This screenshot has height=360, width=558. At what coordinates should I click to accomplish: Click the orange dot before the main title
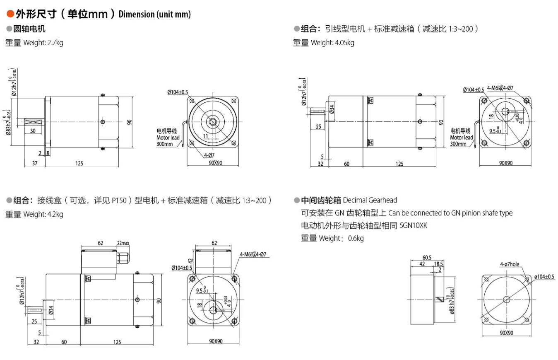[x=10, y=14]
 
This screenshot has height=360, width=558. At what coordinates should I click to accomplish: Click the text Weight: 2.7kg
[x=43, y=43]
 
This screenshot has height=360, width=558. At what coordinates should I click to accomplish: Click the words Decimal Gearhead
[x=370, y=201]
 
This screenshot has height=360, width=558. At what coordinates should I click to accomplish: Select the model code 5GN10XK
[x=414, y=226]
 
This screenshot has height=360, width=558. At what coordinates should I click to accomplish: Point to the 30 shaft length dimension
[x=32, y=131]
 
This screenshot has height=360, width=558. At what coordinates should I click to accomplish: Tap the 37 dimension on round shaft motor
[x=35, y=163]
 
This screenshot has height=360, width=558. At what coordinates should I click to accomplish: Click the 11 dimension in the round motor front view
[x=206, y=135]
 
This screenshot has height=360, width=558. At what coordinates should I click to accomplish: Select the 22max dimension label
[x=123, y=243]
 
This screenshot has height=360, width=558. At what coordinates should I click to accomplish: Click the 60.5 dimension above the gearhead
[x=426, y=258]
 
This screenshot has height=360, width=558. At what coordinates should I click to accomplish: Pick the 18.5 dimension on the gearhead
[x=438, y=263]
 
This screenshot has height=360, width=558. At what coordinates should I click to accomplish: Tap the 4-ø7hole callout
[x=509, y=264]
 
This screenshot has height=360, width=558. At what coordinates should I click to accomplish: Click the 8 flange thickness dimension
[x=48, y=153]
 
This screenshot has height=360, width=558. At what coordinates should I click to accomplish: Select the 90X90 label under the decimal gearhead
[x=506, y=333]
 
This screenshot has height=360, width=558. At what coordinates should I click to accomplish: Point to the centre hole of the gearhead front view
[x=506, y=300]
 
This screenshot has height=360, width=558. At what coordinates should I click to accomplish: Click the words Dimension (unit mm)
[x=154, y=14]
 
